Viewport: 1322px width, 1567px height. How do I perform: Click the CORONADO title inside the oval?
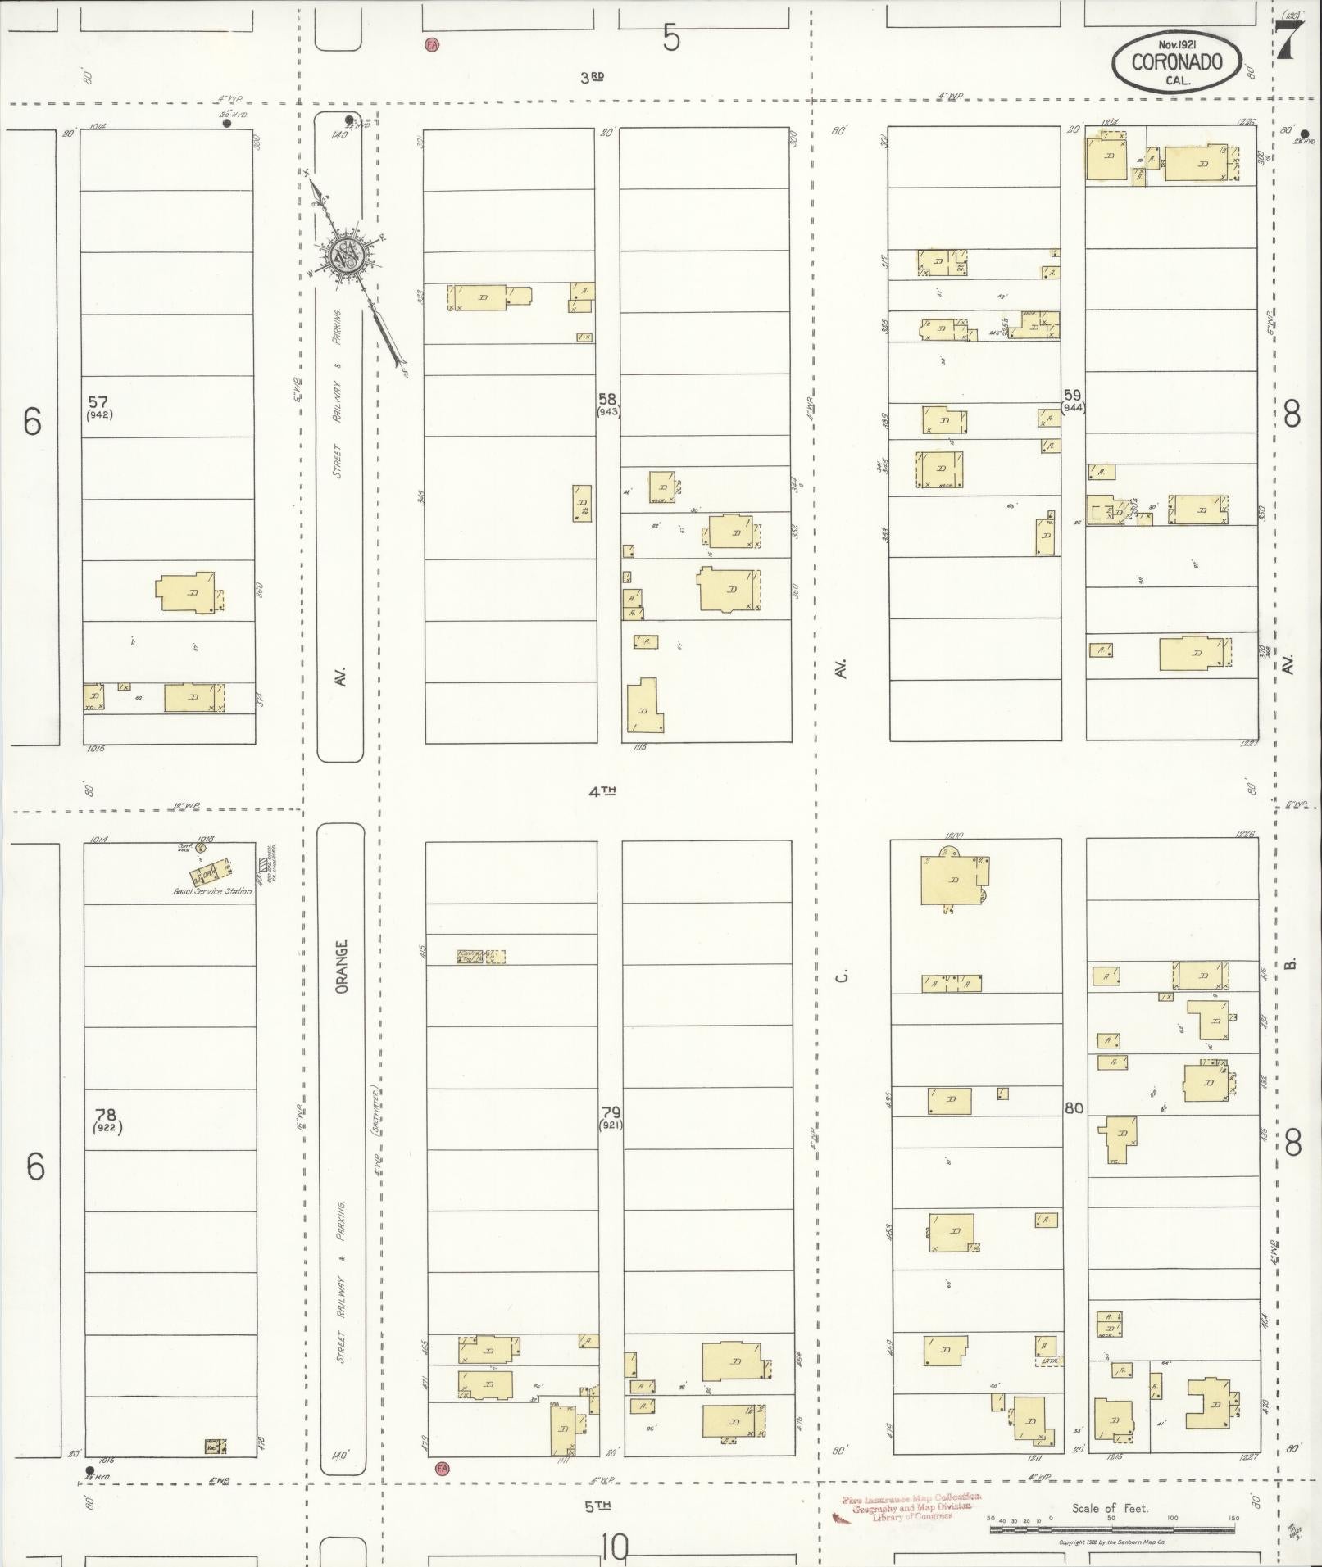1177,61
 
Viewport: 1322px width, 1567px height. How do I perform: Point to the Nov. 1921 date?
1177,44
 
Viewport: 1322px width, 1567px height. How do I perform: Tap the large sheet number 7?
1290,39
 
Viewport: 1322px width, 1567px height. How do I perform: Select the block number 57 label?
98,401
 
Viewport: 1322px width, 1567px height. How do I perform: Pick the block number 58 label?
607,400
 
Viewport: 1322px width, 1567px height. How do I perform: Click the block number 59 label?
1072,394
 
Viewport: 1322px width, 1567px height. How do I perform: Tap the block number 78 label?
106,1114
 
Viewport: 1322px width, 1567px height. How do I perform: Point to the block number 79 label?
611,1112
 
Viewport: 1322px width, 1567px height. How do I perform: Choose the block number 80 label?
1074,1108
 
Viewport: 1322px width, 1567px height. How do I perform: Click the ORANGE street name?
342,966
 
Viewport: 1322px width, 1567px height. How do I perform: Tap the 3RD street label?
592,78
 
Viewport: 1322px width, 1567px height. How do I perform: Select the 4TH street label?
602,791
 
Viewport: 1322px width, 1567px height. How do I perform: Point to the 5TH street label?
598,1506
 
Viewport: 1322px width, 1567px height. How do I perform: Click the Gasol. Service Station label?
212,891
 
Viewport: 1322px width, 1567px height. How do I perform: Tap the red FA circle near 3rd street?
431,44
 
